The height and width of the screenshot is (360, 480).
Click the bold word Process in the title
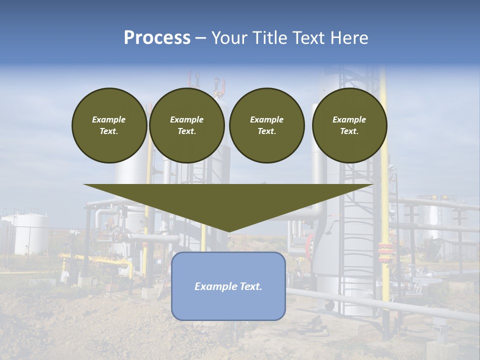(157, 38)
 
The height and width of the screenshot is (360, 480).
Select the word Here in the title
(349, 38)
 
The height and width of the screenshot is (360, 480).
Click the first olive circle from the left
(109, 125)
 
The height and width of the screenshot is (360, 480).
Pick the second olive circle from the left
(186, 125)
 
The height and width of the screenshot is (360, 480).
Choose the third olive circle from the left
(266, 125)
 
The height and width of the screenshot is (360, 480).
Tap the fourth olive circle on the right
(349, 125)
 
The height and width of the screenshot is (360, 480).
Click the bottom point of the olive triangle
(228, 230)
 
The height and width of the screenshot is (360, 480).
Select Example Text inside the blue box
(228, 286)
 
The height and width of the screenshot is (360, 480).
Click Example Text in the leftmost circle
(109, 125)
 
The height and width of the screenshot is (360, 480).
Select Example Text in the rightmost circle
(349, 125)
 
